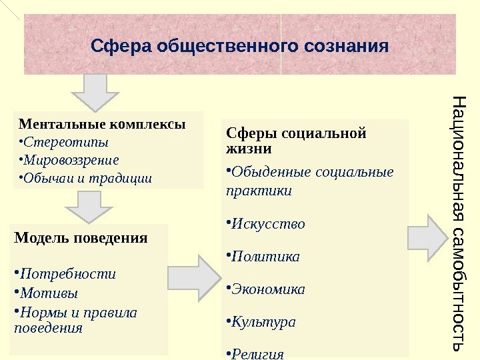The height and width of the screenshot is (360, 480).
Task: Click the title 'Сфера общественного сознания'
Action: click(x=239, y=47)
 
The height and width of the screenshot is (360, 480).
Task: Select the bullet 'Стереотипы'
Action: click(x=65, y=142)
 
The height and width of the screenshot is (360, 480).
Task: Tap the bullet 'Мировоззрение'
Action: click(x=71, y=160)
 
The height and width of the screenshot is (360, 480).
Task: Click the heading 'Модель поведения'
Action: click(x=81, y=238)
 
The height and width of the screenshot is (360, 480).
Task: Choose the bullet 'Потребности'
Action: click(x=67, y=274)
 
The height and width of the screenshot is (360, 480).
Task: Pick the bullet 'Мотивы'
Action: click(x=49, y=293)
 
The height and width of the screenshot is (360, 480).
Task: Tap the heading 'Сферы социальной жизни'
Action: click(x=296, y=139)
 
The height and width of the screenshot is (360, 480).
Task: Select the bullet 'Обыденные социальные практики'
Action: click(x=310, y=181)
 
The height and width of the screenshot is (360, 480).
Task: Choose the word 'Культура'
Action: click(x=263, y=322)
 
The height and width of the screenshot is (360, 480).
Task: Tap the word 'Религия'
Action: click(x=257, y=353)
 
